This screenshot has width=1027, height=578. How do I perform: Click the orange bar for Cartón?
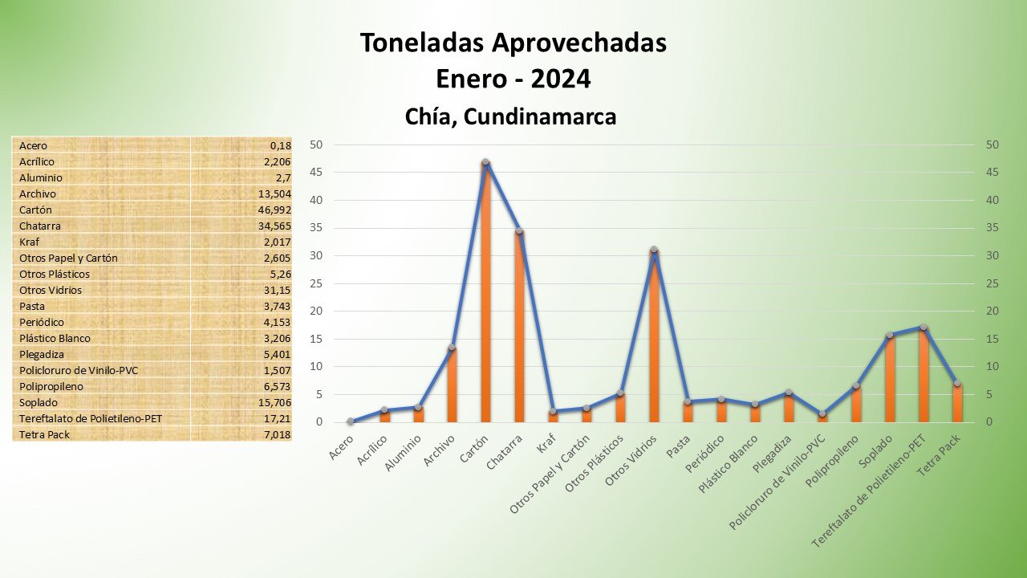(485, 293)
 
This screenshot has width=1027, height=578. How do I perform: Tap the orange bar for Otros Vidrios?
(654, 336)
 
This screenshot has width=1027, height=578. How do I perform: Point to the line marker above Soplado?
(890, 335)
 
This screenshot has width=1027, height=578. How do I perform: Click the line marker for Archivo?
(452, 348)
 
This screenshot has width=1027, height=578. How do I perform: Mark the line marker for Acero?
(351, 421)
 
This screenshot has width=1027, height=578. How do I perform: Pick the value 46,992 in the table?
(273, 210)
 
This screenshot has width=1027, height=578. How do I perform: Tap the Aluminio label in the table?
(41, 177)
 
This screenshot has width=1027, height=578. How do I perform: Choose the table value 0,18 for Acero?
(280, 145)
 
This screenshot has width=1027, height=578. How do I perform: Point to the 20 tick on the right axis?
(992, 311)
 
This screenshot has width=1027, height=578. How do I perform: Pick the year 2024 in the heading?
(560, 79)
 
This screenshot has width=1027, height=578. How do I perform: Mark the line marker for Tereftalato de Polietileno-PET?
(923, 327)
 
